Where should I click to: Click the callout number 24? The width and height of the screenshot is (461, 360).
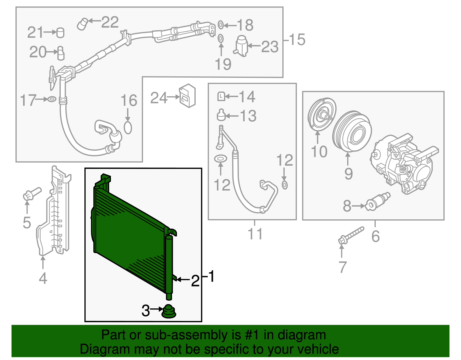159,98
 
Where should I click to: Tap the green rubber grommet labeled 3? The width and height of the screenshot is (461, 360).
169,312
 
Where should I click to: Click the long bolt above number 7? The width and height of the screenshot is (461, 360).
351,235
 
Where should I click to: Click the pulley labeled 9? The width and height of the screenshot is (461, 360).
352,131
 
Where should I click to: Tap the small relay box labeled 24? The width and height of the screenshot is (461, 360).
187,96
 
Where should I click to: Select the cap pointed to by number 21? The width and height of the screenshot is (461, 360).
60,33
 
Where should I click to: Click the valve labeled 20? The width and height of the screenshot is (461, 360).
61,53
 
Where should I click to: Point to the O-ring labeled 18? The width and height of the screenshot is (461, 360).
220,25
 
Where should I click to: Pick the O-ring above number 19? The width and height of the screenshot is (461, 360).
220,38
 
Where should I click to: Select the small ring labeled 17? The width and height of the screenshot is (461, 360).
52,99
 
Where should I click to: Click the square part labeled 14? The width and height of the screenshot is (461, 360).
221,96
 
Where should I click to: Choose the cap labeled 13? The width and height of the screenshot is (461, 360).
221,115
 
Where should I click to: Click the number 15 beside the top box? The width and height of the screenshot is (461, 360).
297,39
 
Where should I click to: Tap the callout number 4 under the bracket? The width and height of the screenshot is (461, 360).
43,278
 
